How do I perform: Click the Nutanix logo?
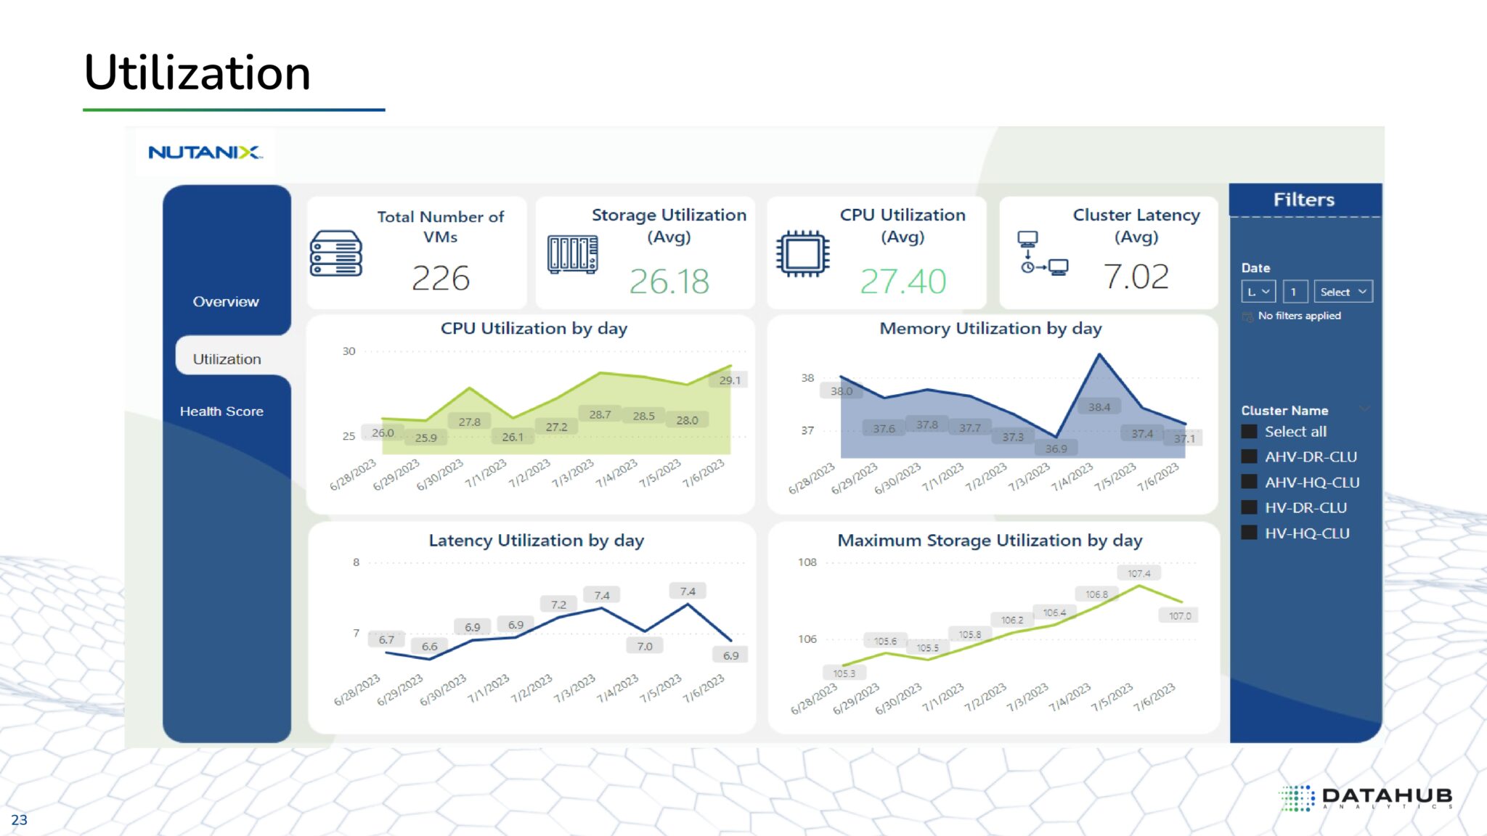pos(205,152)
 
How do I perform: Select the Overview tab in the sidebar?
pos(226,302)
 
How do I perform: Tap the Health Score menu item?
pos(221,411)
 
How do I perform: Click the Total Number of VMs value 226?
pos(440,278)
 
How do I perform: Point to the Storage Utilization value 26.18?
pos(669,282)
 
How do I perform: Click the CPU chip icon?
pos(802,254)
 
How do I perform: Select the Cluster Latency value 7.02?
pos(1136,276)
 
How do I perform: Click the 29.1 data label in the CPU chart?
pos(730,380)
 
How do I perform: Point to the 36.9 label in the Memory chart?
pos(1056,449)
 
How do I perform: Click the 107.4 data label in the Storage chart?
pos(1138,574)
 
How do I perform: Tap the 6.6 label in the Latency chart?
pos(429,647)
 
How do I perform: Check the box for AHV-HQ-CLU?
pos(1249,482)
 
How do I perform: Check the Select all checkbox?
pos(1249,432)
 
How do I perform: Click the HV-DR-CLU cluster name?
pos(1305,508)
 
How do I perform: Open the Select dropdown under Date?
pos(1343,292)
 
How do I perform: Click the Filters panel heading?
pos(1303,200)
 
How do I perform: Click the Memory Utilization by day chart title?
pos(990,329)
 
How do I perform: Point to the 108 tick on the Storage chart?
pos(807,562)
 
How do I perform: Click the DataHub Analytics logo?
pos(1365,798)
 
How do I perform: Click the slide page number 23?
pos(19,820)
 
